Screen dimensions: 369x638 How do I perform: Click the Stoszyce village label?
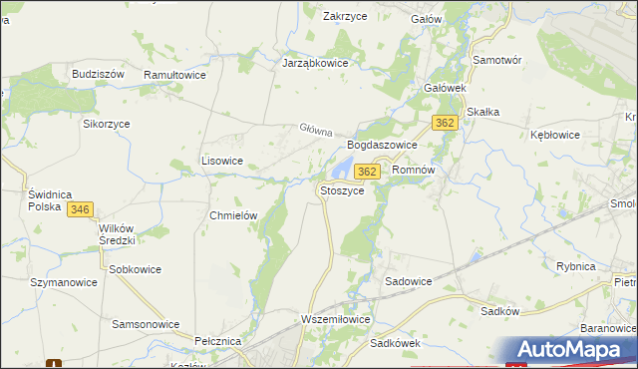tap(347, 189)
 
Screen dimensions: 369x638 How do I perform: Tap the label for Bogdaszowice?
tap(382, 145)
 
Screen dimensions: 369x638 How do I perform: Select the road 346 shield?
tap(81, 209)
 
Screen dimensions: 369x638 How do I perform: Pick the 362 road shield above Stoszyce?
tap(367, 172)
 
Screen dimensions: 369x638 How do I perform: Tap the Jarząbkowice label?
tap(314, 61)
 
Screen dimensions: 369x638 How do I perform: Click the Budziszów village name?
tap(98, 75)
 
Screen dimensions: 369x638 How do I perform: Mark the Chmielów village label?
tap(234, 215)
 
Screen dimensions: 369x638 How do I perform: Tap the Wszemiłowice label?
tap(335, 319)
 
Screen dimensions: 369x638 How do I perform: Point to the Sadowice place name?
tap(409, 281)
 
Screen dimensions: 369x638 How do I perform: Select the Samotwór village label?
tap(497, 61)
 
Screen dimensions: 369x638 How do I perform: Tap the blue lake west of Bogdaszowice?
tap(341, 165)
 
